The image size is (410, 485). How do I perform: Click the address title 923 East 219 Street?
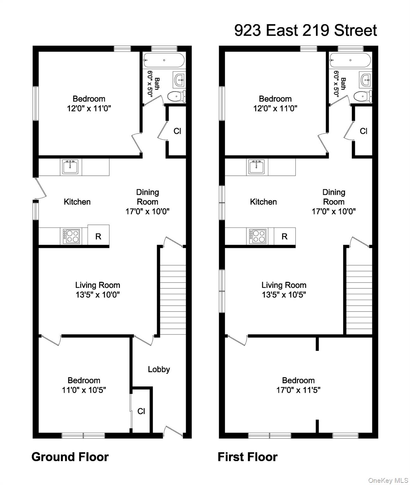(x=305, y=30)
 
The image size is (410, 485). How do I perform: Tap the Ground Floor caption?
(x=70, y=457)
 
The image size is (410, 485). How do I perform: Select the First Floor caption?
(x=248, y=457)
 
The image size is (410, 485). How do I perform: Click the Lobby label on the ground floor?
(x=159, y=369)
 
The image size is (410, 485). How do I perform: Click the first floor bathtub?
(x=350, y=60)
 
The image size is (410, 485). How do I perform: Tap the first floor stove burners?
(x=257, y=236)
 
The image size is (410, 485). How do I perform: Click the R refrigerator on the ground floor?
(x=98, y=237)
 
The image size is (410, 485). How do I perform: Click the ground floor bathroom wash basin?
(x=179, y=80)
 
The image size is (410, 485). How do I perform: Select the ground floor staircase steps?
(x=173, y=300)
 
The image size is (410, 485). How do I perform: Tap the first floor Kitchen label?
(x=264, y=202)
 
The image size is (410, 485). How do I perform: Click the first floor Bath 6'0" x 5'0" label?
(x=340, y=84)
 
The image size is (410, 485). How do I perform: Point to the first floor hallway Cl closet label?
(x=364, y=131)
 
